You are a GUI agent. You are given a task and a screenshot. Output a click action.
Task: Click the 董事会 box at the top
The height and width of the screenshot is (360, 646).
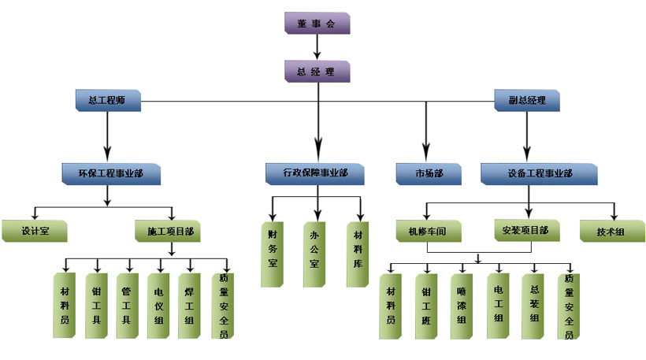pos(317,24)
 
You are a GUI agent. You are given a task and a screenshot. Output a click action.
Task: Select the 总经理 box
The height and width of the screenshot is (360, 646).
pos(317,72)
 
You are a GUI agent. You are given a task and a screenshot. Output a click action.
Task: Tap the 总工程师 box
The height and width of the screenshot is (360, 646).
pos(107,100)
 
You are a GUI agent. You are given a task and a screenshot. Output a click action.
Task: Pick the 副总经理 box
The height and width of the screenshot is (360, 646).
pos(527,101)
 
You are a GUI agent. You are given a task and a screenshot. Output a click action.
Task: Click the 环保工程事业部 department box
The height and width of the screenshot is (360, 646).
pos(111,173)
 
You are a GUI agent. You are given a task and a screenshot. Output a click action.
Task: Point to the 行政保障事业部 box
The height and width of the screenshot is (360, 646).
pos(316,173)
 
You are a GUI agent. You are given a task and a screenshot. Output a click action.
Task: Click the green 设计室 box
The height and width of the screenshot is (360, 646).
pos(35,232)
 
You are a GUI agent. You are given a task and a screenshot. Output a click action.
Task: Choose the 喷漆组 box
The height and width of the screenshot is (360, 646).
pos(462,306)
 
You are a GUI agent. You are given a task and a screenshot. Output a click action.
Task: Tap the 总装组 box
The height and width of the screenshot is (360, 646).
pos(534,306)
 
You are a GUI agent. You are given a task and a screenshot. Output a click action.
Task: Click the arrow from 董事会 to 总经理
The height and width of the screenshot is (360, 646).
pos(317,47)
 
